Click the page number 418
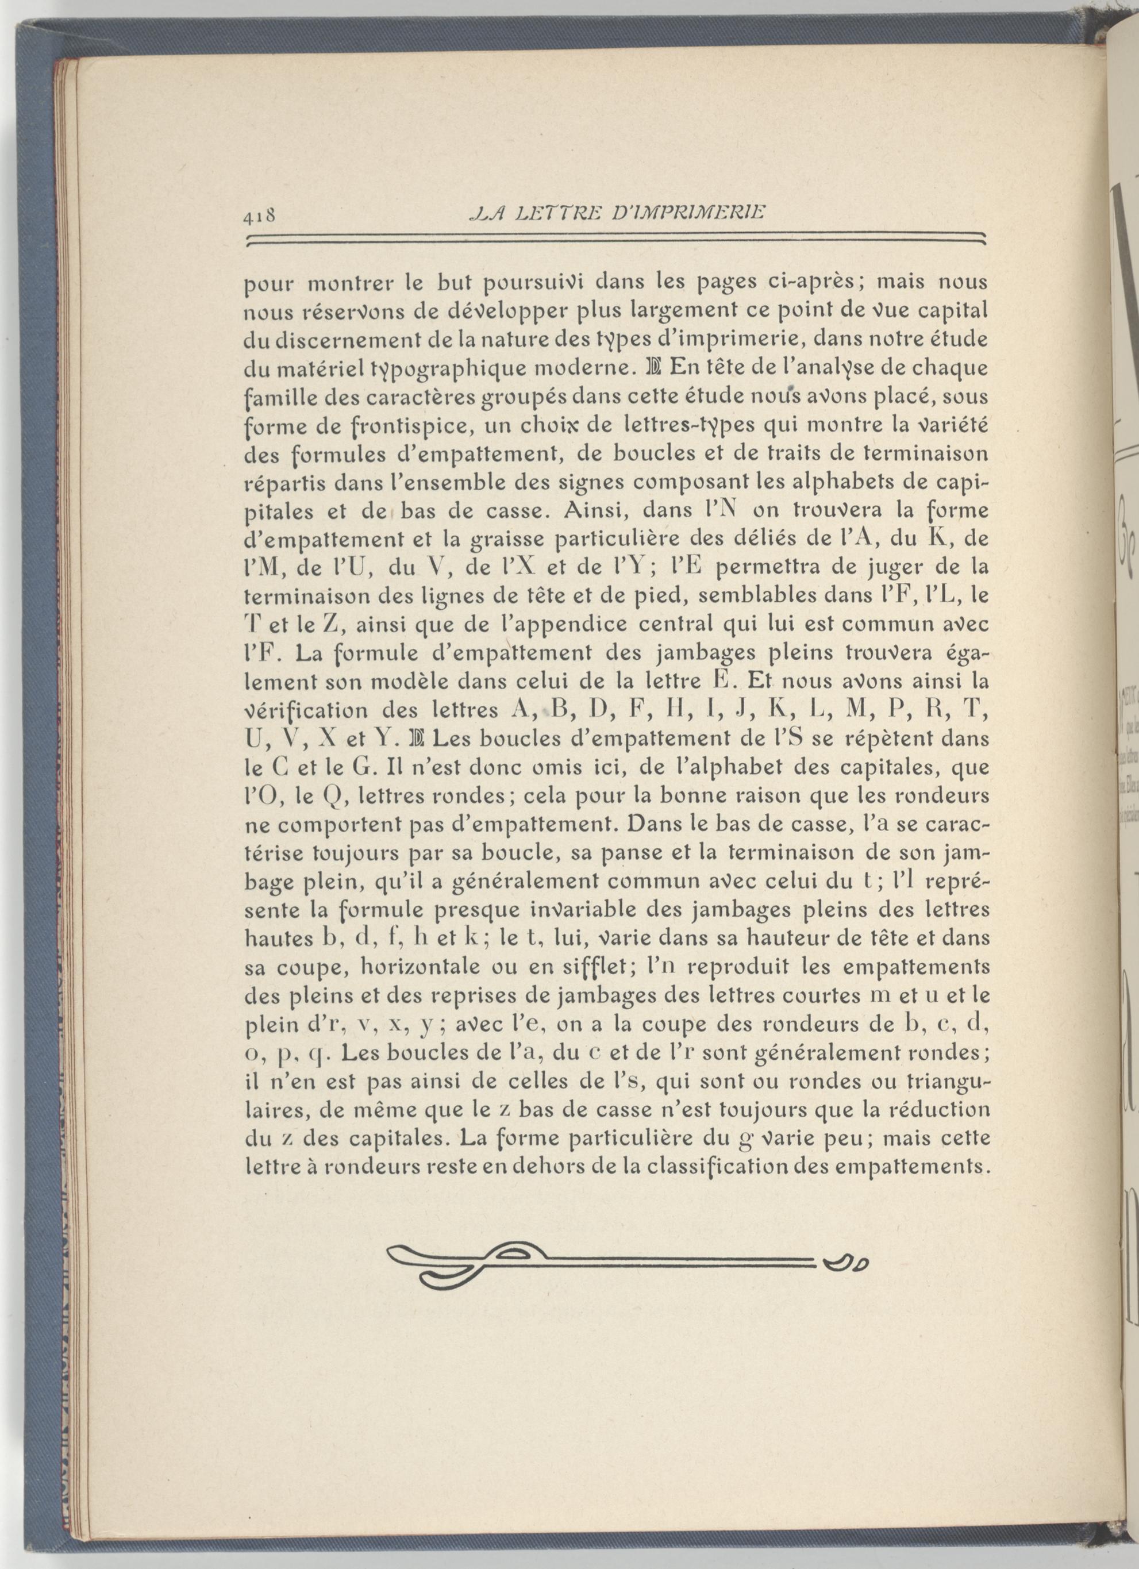pyautogui.click(x=259, y=217)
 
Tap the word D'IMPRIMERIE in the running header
pyautogui.click(x=688, y=213)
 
